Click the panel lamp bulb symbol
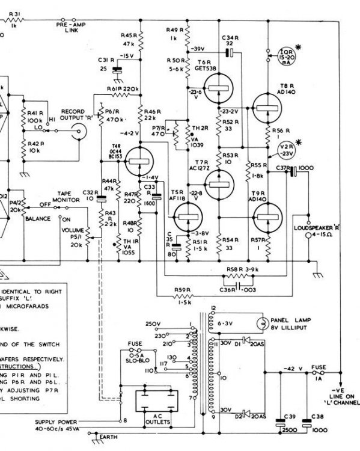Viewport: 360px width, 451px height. pyautogui.click(x=263, y=322)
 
